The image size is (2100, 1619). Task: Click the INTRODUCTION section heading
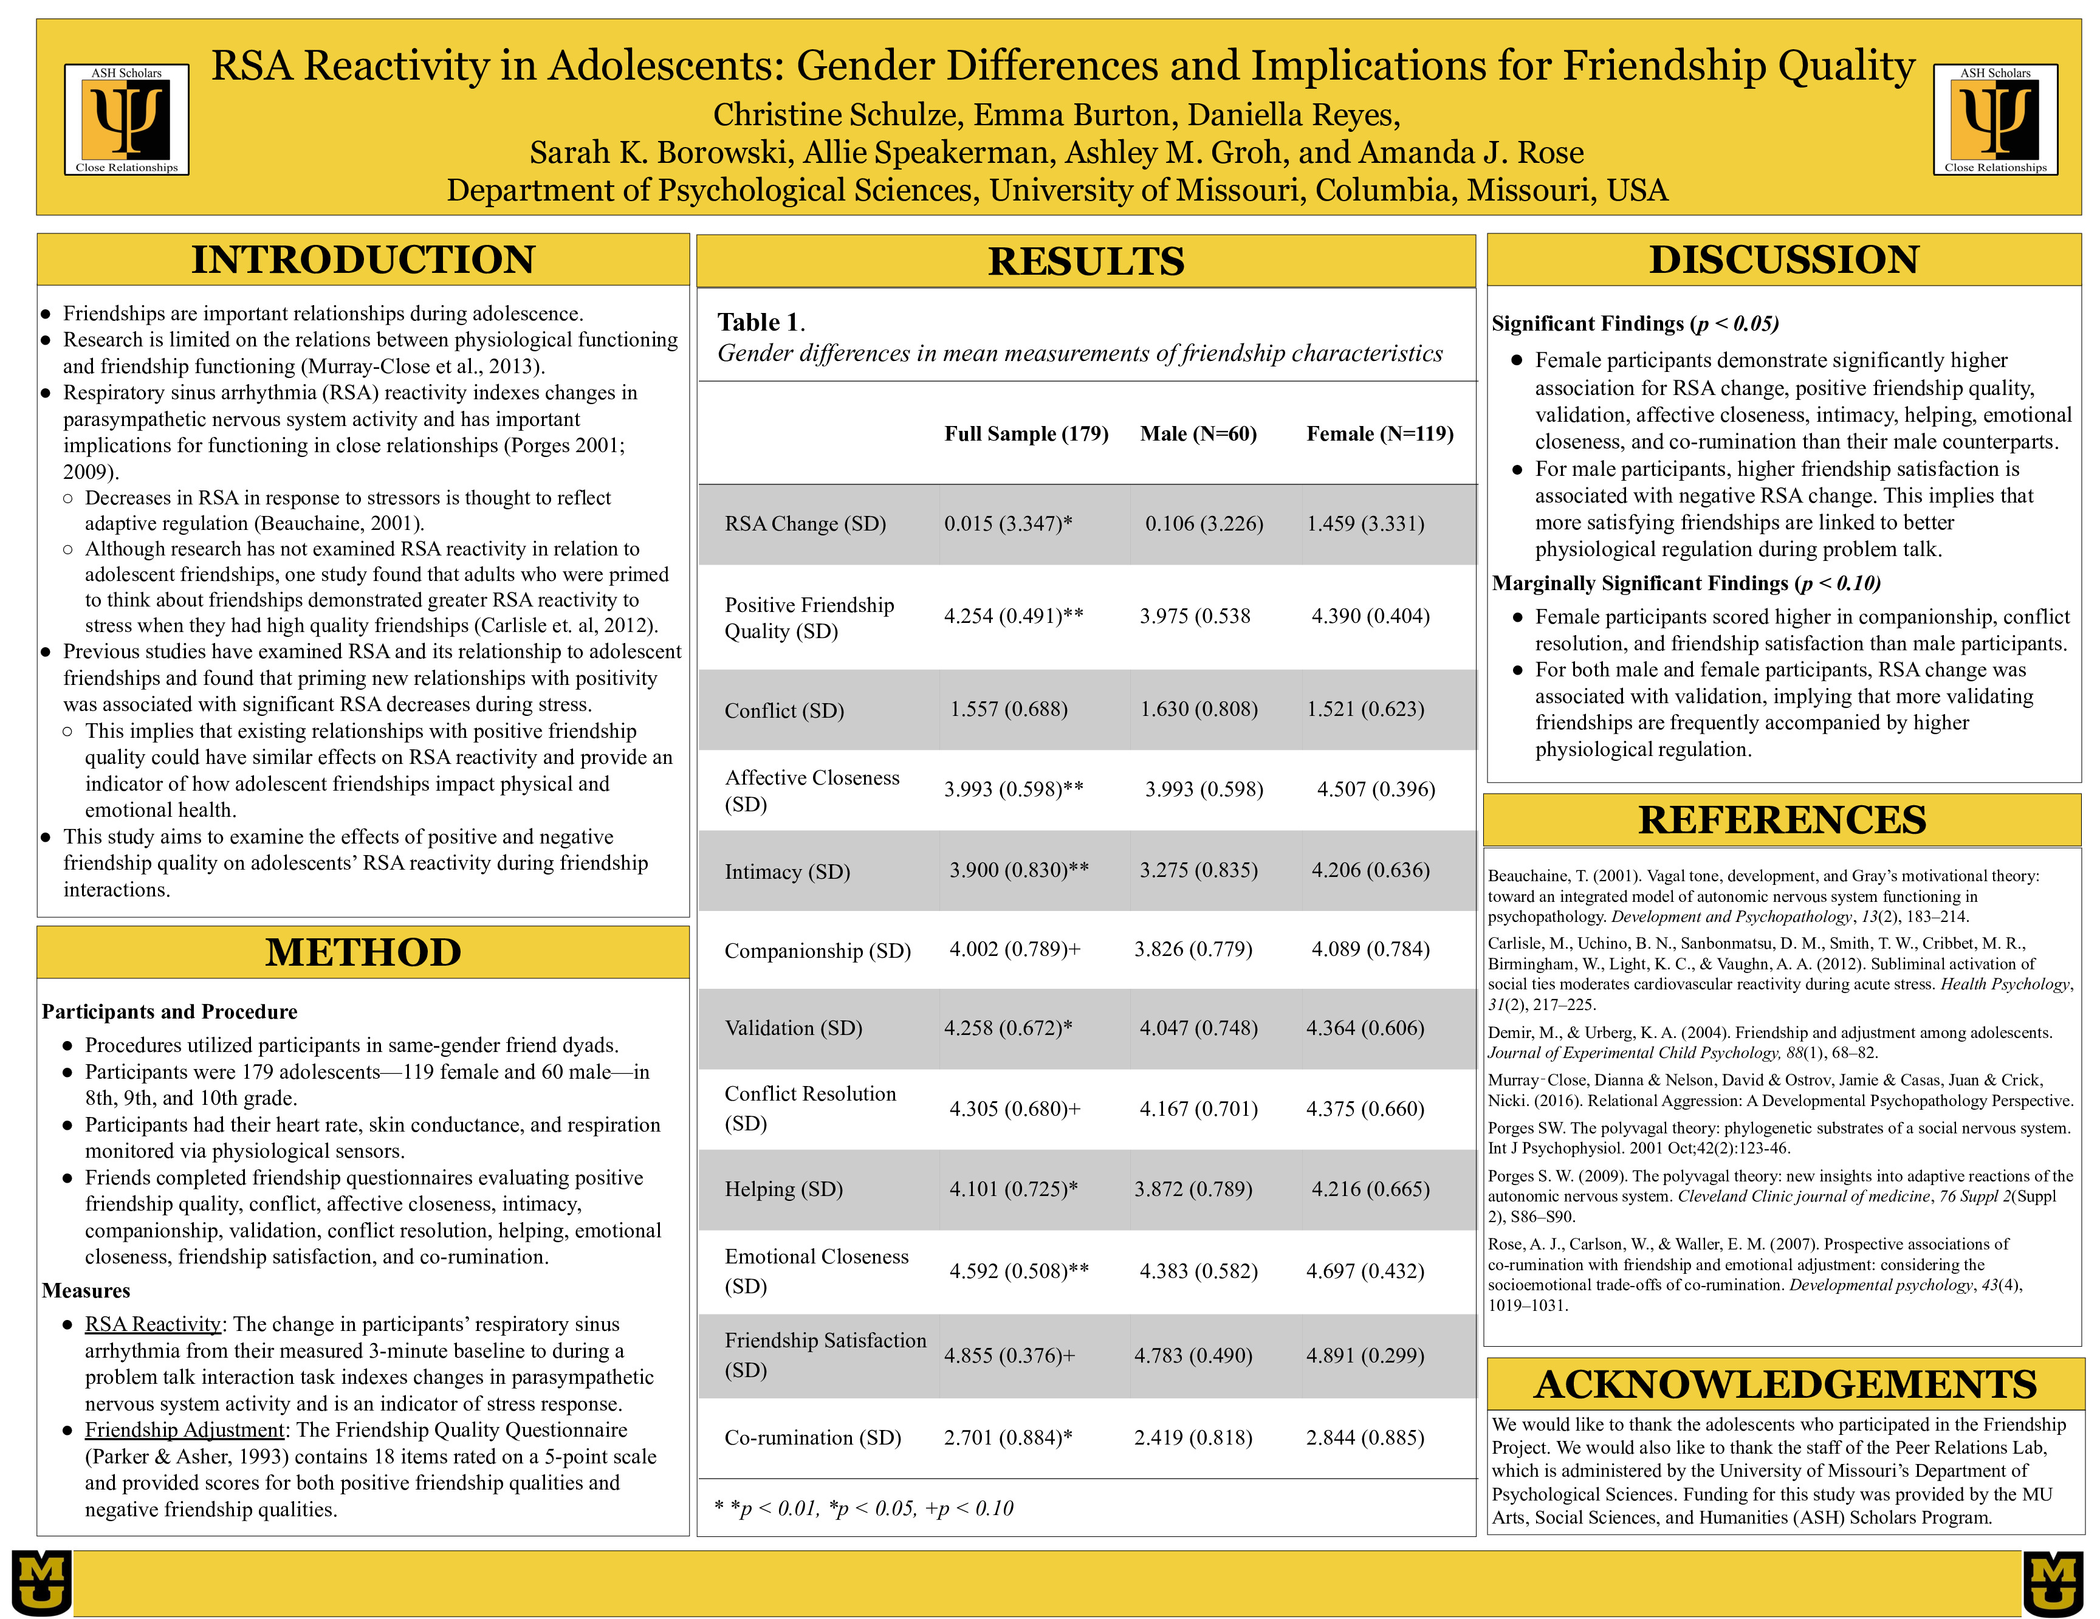coord(363,260)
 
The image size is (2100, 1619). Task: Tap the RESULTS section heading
coord(1086,261)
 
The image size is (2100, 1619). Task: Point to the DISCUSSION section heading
coord(1783,260)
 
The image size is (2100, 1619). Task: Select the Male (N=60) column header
coord(1198,433)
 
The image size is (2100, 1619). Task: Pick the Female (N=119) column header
coord(1379,433)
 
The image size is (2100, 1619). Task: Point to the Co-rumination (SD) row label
coord(812,1437)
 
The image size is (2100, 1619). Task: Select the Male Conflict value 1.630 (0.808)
coord(1198,709)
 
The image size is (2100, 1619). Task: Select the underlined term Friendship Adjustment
coord(185,1429)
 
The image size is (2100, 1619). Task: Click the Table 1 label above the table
coord(760,322)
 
